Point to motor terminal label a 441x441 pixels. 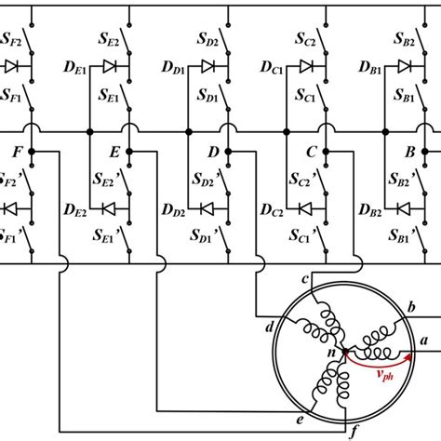tap(424, 341)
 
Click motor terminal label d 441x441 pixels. tap(269, 327)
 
